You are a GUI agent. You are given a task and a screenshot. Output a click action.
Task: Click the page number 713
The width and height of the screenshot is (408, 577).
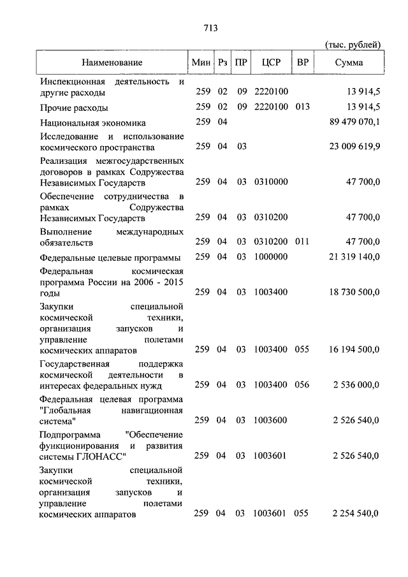point(210,28)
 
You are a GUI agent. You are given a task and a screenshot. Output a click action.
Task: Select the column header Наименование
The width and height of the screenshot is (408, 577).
point(112,62)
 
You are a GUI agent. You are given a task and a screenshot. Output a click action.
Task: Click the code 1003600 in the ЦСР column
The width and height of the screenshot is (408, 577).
point(270,420)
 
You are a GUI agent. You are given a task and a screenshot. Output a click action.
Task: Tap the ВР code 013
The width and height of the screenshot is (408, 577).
point(302,106)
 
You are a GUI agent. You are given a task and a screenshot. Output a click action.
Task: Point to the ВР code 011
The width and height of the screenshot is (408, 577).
point(302,242)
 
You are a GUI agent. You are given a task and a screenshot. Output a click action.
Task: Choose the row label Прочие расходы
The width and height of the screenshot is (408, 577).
point(74,107)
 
